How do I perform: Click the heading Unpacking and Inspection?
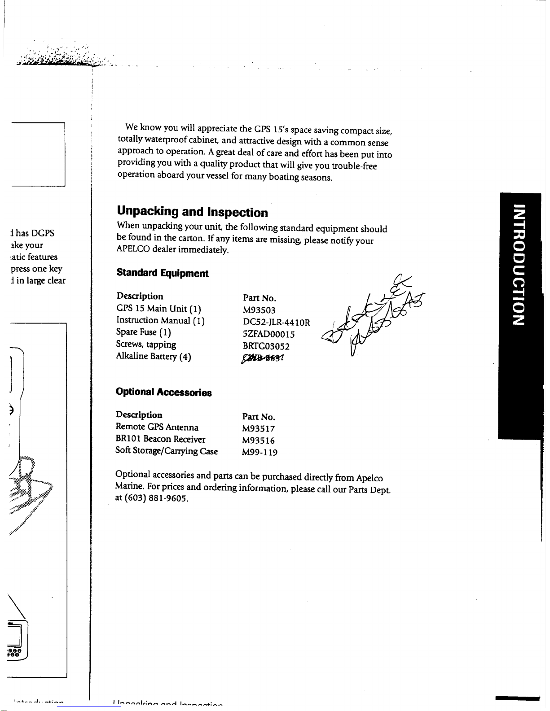click(192, 212)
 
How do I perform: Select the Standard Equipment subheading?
click(163, 273)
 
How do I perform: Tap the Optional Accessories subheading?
click(163, 392)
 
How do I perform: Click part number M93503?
click(259, 310)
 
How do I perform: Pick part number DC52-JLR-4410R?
click(276, 323)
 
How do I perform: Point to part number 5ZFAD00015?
click(268, 335)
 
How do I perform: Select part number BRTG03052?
click(266, 347)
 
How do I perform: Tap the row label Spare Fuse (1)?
click(143, 332)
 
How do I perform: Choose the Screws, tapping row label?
click(146, 345)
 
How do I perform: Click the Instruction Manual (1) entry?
click(160, 320)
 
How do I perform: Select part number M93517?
click(258, 429)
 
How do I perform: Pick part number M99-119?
click(260, 453)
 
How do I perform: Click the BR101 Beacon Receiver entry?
click(160, 440)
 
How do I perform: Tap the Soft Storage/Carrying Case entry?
click(167, 451)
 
